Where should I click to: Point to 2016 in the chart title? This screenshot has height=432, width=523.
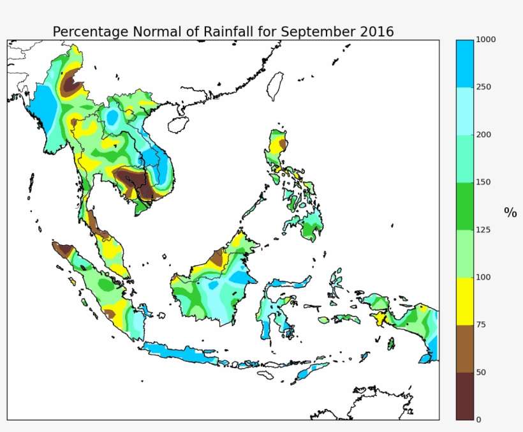(376, 32)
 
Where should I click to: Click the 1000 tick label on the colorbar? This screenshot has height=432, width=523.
(486, 40)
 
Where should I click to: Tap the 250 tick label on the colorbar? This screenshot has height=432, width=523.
(484, 87)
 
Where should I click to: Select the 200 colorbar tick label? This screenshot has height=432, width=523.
(484, 135)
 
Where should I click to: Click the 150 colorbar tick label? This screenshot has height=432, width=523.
(484, 182)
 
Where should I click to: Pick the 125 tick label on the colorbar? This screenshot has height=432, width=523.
(484, 230)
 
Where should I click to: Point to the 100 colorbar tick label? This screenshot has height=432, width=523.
(484, 278)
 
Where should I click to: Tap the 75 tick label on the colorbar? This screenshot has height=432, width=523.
(482, 325)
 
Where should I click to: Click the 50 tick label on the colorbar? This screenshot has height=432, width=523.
(482, 372)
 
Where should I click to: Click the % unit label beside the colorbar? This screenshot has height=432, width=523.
(510, 212)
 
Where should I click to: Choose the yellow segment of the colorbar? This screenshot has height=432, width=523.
(465, 301)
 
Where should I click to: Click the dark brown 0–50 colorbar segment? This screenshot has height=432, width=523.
(465, 396)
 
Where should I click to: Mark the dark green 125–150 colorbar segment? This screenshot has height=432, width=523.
(465, 206)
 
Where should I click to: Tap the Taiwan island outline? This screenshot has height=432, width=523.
(276, 86)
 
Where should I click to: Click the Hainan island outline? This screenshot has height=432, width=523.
(179, 123)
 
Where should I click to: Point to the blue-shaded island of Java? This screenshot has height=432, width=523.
(185, 354)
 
